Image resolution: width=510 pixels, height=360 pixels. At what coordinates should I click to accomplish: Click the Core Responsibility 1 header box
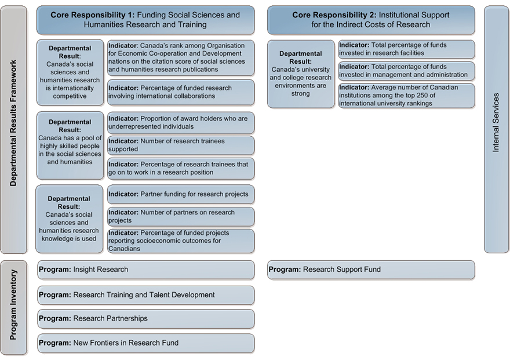[x=145, y=20]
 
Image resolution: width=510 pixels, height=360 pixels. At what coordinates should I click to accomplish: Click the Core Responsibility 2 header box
[x=371, y=20]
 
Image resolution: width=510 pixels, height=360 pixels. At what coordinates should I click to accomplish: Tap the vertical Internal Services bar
[x=496, y=129]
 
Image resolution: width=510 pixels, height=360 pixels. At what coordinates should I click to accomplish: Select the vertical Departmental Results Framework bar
[x=14, y=129]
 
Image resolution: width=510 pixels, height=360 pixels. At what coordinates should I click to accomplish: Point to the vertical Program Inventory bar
[x=14, y=307]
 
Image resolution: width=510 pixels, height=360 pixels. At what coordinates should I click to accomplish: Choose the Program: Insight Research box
[x=145, y=270]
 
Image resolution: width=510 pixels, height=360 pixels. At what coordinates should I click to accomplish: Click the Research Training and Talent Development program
[x=145, y=295]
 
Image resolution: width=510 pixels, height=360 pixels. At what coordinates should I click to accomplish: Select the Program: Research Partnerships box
[x=145, y=319]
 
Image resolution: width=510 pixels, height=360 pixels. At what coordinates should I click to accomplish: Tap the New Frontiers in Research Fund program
[x=145, y=343]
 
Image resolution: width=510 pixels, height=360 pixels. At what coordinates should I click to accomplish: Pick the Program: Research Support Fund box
[x=371, y=270]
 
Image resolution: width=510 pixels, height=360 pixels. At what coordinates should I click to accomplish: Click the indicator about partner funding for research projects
[x=181, y=194]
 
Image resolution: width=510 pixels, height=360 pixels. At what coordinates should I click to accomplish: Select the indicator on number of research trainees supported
[x=181, y=146]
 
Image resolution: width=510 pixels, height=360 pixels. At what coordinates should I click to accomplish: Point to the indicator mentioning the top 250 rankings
[x=407, y=96]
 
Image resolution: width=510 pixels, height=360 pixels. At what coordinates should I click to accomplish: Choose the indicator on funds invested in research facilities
[x=407, y=49]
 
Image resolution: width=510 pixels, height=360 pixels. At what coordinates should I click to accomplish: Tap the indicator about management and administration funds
[x=407, y=71]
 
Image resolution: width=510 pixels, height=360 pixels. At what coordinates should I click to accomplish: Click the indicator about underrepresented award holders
[x=181, y=123]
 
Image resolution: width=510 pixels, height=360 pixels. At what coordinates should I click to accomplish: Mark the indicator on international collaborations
[x=181, y=92]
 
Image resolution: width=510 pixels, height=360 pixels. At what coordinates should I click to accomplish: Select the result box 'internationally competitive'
[x=70, y=72]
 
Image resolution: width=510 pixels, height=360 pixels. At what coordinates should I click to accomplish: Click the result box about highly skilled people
[x=70, y=146]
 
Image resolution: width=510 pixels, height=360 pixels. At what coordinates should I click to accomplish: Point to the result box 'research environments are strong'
[x=301, y=74]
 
